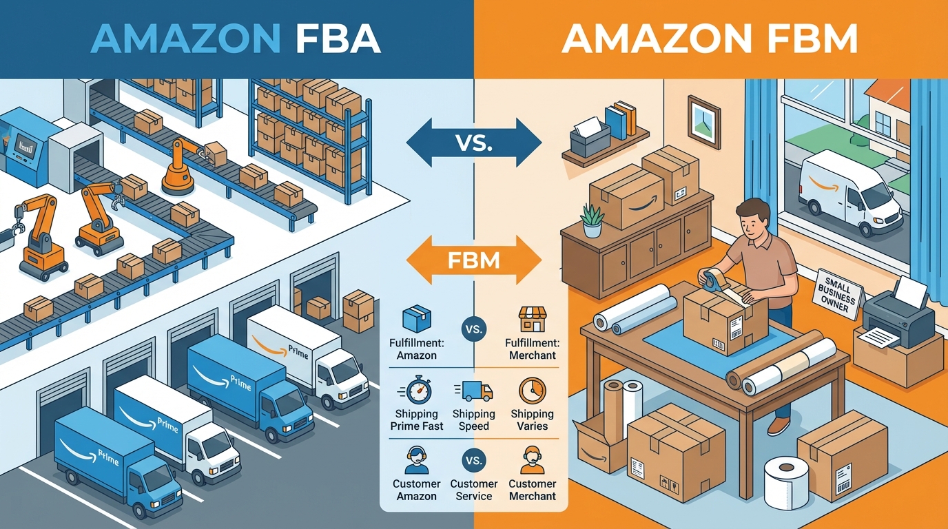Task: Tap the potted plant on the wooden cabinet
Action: [x=592, y=219]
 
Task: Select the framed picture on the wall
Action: [x=703, y=122]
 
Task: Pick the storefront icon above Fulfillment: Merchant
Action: [x=532, y=320]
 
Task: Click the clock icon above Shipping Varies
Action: [x=532, y=391]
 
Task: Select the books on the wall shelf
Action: [x=620, y=120]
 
